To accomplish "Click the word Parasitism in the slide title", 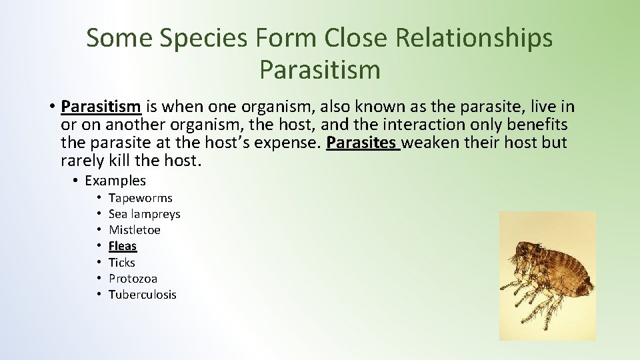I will pyautogui.click(x=320, y=69).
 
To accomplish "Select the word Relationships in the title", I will pyautogui.click(x=474, y=38).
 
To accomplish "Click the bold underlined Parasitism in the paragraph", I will pyautogui.click(x=101, y=107).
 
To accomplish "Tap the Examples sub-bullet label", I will pyautogui.click(x=115, y=181).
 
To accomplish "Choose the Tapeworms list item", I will pyautogui.click(x=141, y=198).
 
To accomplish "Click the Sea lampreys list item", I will pyautogui.click(x=145, y=214).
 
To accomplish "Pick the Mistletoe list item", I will pyautogui.click(x=135, y=230).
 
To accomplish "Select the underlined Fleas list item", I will pyautogui.click(x=123, y=246).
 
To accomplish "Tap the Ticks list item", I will pyautogui.click(x=122, y=262).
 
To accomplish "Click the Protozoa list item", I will pyautogui.click(x=133, y=279).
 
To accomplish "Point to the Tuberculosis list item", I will pyautogui.click(x=143, y=295).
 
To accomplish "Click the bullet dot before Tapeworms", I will pyautogui.click(x=97, y=198).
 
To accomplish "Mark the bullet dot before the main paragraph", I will pyautogui.click(x=51, y=107).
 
